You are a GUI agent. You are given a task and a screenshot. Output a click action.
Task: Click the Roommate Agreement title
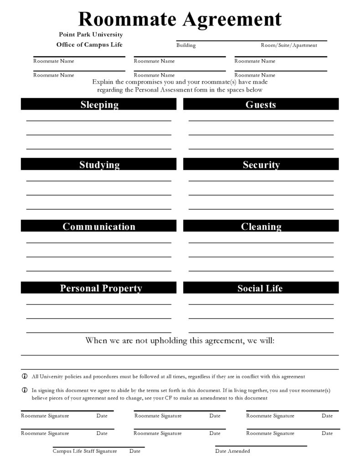[x=180, y=19]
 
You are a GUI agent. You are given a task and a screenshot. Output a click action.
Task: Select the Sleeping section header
[x=99, y=104]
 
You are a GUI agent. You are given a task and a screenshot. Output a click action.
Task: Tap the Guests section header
[x=261, y=104]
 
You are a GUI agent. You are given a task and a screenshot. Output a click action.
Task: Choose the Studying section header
[x=99, y=165]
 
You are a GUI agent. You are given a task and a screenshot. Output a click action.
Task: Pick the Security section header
[x=261, y=165]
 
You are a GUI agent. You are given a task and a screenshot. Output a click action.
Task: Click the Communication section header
[x=99, y=227]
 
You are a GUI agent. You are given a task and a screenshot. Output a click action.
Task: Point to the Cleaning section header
[x=261, y=227]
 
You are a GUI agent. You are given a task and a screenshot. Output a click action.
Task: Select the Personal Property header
[x=101, y=288]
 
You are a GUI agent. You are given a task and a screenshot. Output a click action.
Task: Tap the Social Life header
[x=260, y=288]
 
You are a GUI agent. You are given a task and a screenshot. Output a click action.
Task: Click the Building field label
[x=186, y=45]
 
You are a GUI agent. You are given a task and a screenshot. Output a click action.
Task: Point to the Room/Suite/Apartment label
[x=288, y=45]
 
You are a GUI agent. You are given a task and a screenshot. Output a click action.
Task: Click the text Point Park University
[x=91, y=35]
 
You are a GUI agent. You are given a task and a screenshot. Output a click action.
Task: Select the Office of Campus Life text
[x=89, y=45]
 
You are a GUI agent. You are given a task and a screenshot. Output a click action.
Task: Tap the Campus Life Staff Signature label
[x=84, y=451]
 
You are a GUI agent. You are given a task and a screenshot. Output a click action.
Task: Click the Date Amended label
[x=232, y=451]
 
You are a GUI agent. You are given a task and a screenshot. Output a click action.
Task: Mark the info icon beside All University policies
[x=25, y=377]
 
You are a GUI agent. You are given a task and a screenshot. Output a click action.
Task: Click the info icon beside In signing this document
[x=25, y=391]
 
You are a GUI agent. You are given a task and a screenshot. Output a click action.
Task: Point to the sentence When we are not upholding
[x=180, y=340]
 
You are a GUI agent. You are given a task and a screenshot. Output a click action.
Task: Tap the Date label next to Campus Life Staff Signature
[x=134, y=451]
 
